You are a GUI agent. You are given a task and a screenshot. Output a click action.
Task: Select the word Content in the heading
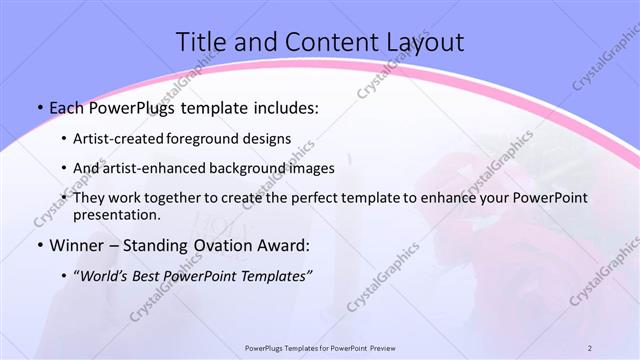[320, 41]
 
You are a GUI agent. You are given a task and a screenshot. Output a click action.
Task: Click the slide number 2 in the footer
[590, 347]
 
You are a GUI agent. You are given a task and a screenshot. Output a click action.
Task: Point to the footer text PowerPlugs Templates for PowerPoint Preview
[320, 347]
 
